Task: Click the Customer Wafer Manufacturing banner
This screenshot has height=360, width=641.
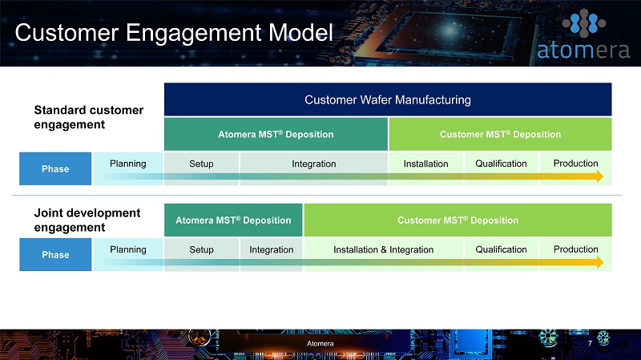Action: point(388,99)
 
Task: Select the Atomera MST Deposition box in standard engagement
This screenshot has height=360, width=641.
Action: point(276,134)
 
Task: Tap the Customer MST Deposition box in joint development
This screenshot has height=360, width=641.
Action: point(458,220)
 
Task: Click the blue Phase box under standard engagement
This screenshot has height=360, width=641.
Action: point(55,168)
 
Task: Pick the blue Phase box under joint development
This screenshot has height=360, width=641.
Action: point(55,254)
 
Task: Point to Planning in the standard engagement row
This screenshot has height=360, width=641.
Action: point(128,164)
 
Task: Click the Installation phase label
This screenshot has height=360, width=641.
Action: point(425,164)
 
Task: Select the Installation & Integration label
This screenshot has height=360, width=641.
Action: point(384,249)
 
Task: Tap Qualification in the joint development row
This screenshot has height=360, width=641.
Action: point(501,249)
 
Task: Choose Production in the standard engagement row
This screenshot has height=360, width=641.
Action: point(575,164)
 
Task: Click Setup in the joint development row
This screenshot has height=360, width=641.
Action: point(201,249)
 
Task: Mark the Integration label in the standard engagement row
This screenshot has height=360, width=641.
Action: point(313,164)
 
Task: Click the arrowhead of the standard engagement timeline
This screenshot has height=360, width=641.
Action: point(600,176)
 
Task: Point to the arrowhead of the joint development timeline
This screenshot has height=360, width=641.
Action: point(600,262)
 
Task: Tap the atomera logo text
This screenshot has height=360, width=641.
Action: point(583,51)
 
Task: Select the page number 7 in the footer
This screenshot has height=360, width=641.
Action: point(590,343)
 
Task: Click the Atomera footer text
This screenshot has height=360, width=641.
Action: point(320,344)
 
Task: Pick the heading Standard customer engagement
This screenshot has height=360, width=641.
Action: point(89,117)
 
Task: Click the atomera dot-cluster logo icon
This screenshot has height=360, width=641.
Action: point(584,23)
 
